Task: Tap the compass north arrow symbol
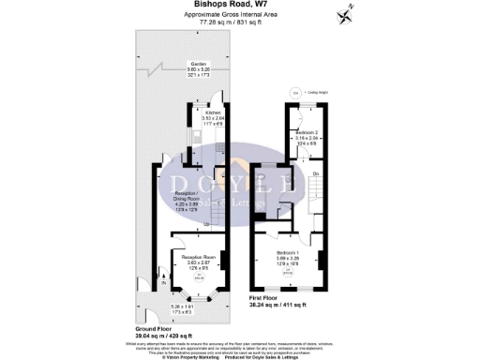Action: point(346,13)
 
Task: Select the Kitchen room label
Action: point(216,112)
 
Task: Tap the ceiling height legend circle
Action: point(295,93)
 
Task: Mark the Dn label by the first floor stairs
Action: point(316,175)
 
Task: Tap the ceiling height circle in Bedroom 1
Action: point(288,273)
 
